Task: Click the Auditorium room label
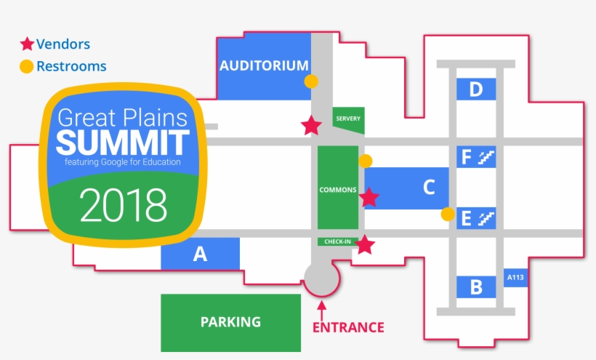264,65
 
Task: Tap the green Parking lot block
230,322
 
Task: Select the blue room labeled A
201,255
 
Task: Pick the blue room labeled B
476,287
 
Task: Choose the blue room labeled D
476,89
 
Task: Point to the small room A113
515,277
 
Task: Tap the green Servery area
348,119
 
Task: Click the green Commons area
338,189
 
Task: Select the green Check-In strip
337,241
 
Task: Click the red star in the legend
27,44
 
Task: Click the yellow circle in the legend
26,67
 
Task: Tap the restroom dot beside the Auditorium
311,81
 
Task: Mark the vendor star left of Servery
311,126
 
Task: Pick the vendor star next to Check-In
365,245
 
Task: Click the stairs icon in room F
486,156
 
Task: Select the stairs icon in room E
486,217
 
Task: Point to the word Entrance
348,327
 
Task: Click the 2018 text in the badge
124,205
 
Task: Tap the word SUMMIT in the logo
123,142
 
